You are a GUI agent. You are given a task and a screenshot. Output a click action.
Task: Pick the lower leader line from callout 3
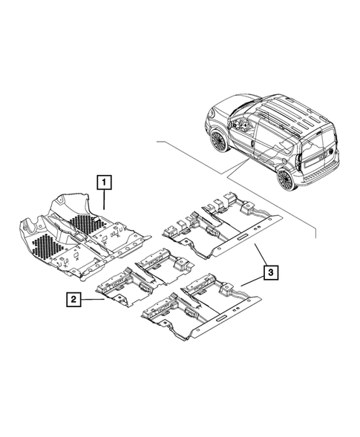(251, 279)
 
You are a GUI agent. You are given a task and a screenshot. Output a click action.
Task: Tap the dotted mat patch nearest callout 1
(88, 221)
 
